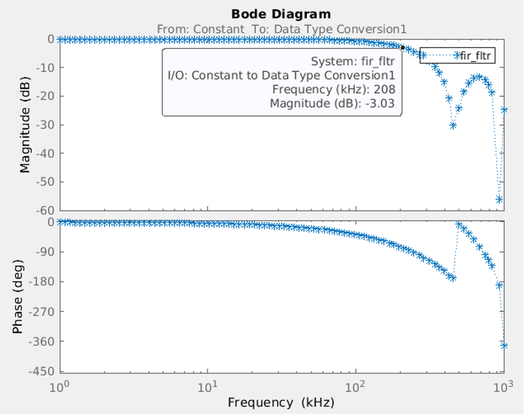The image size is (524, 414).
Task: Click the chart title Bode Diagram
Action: [281, 14]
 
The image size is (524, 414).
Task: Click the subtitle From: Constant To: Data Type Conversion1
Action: [281, 29]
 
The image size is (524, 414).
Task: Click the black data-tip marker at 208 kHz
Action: [402, 47]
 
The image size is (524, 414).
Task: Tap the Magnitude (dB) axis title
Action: [25, 125]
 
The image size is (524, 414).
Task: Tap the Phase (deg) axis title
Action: [17, 297]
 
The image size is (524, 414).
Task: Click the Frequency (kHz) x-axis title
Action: [281, 403]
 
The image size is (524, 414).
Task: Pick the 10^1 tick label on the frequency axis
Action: [207, 386]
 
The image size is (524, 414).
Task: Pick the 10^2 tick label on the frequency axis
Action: [356, 386]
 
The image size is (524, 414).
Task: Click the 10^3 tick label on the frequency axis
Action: [503, 386]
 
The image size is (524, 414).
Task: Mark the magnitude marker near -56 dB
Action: [499, 199]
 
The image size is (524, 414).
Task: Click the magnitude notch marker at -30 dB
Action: [453, 125]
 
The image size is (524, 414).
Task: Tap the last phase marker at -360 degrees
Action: [504, 345]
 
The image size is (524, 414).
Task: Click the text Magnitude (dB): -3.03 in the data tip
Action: [332, 103]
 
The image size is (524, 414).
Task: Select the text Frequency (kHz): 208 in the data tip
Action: [334, 89]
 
